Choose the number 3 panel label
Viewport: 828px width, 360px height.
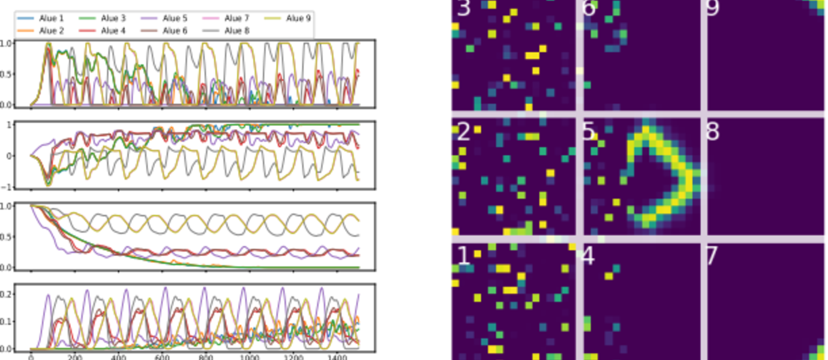pos(463,8)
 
